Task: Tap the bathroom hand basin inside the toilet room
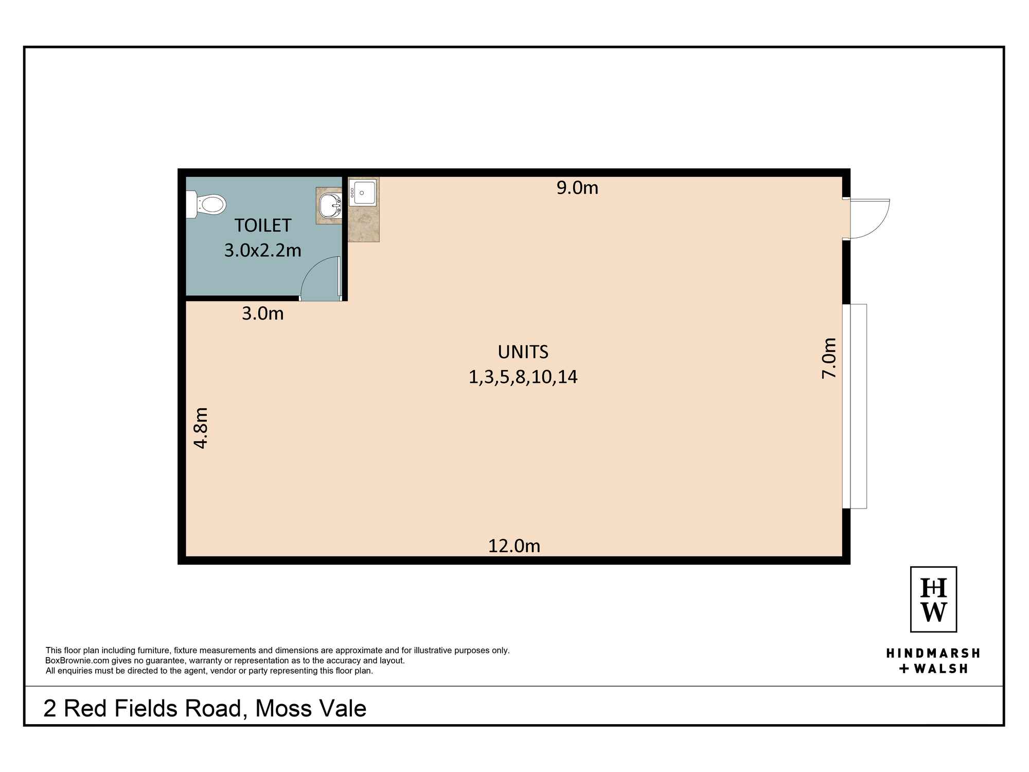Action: [330, 206]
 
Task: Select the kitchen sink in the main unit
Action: [362, 192]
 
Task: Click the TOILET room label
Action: [263, 225]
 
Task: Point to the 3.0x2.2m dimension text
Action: [262, 250]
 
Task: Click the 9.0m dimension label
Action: [577, 188]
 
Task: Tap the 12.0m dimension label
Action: [514, 546]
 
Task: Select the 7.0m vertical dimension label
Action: [829, 358]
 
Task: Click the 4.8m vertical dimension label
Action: [201, 428]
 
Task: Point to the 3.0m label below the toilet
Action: [262, 313]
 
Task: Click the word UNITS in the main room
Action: [523, 352]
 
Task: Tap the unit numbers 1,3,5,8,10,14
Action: [523, 377]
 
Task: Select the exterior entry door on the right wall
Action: [870, 219]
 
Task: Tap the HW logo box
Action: [933, 599]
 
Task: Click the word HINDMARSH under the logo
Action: [932, 653]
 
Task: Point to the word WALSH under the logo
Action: [939, 669]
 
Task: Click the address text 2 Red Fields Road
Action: [142, 709]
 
